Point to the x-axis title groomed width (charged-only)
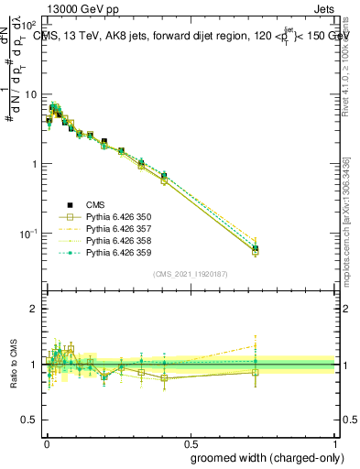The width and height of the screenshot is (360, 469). point(263,456)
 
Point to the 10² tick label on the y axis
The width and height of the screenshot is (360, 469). point(29,26)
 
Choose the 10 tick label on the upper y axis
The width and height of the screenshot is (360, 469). point(30,94)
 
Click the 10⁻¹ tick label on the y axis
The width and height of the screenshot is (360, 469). point(28,234)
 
